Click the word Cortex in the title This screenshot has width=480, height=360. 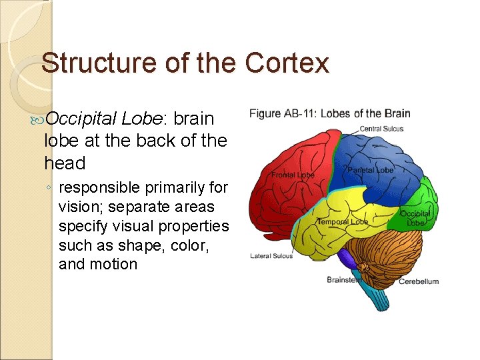(x=287, y=63)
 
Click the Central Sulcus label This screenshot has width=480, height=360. (x=381, y=129)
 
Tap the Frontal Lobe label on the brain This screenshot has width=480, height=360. (x=292, y=175)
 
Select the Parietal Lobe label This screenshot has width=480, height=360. (x=370, y=170)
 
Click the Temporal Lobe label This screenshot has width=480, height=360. (x=342, y=221)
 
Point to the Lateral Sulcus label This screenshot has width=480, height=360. (x=271, y=256)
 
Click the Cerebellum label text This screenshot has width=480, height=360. (x=419, y=281)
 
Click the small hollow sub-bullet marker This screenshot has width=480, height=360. (x=51, y=188)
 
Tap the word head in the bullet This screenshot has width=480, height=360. (x=65, y=163)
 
